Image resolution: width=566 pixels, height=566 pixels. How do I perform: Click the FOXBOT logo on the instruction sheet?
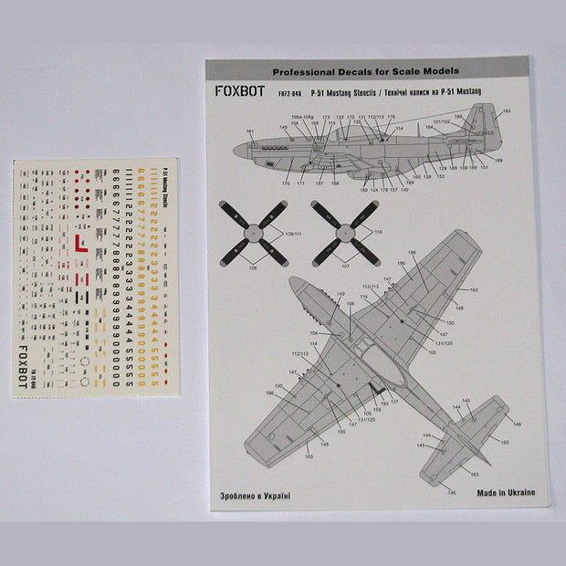242,92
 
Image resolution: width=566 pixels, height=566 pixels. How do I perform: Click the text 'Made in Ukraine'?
505,492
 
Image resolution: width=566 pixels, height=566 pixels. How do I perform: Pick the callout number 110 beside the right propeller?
377,234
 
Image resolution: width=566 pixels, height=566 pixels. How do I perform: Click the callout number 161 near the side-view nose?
249,131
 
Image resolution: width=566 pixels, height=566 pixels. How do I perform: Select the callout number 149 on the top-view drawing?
341,294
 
